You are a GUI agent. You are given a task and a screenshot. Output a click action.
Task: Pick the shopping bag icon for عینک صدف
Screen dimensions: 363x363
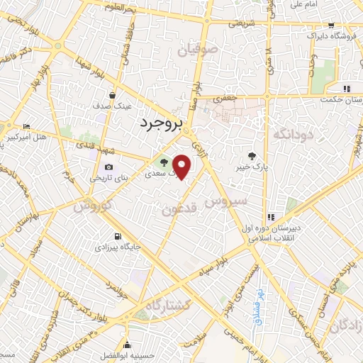112,94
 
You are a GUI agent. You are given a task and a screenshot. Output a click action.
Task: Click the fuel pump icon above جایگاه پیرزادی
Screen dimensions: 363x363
116,236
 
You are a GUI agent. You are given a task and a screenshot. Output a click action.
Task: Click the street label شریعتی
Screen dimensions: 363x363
239,23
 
